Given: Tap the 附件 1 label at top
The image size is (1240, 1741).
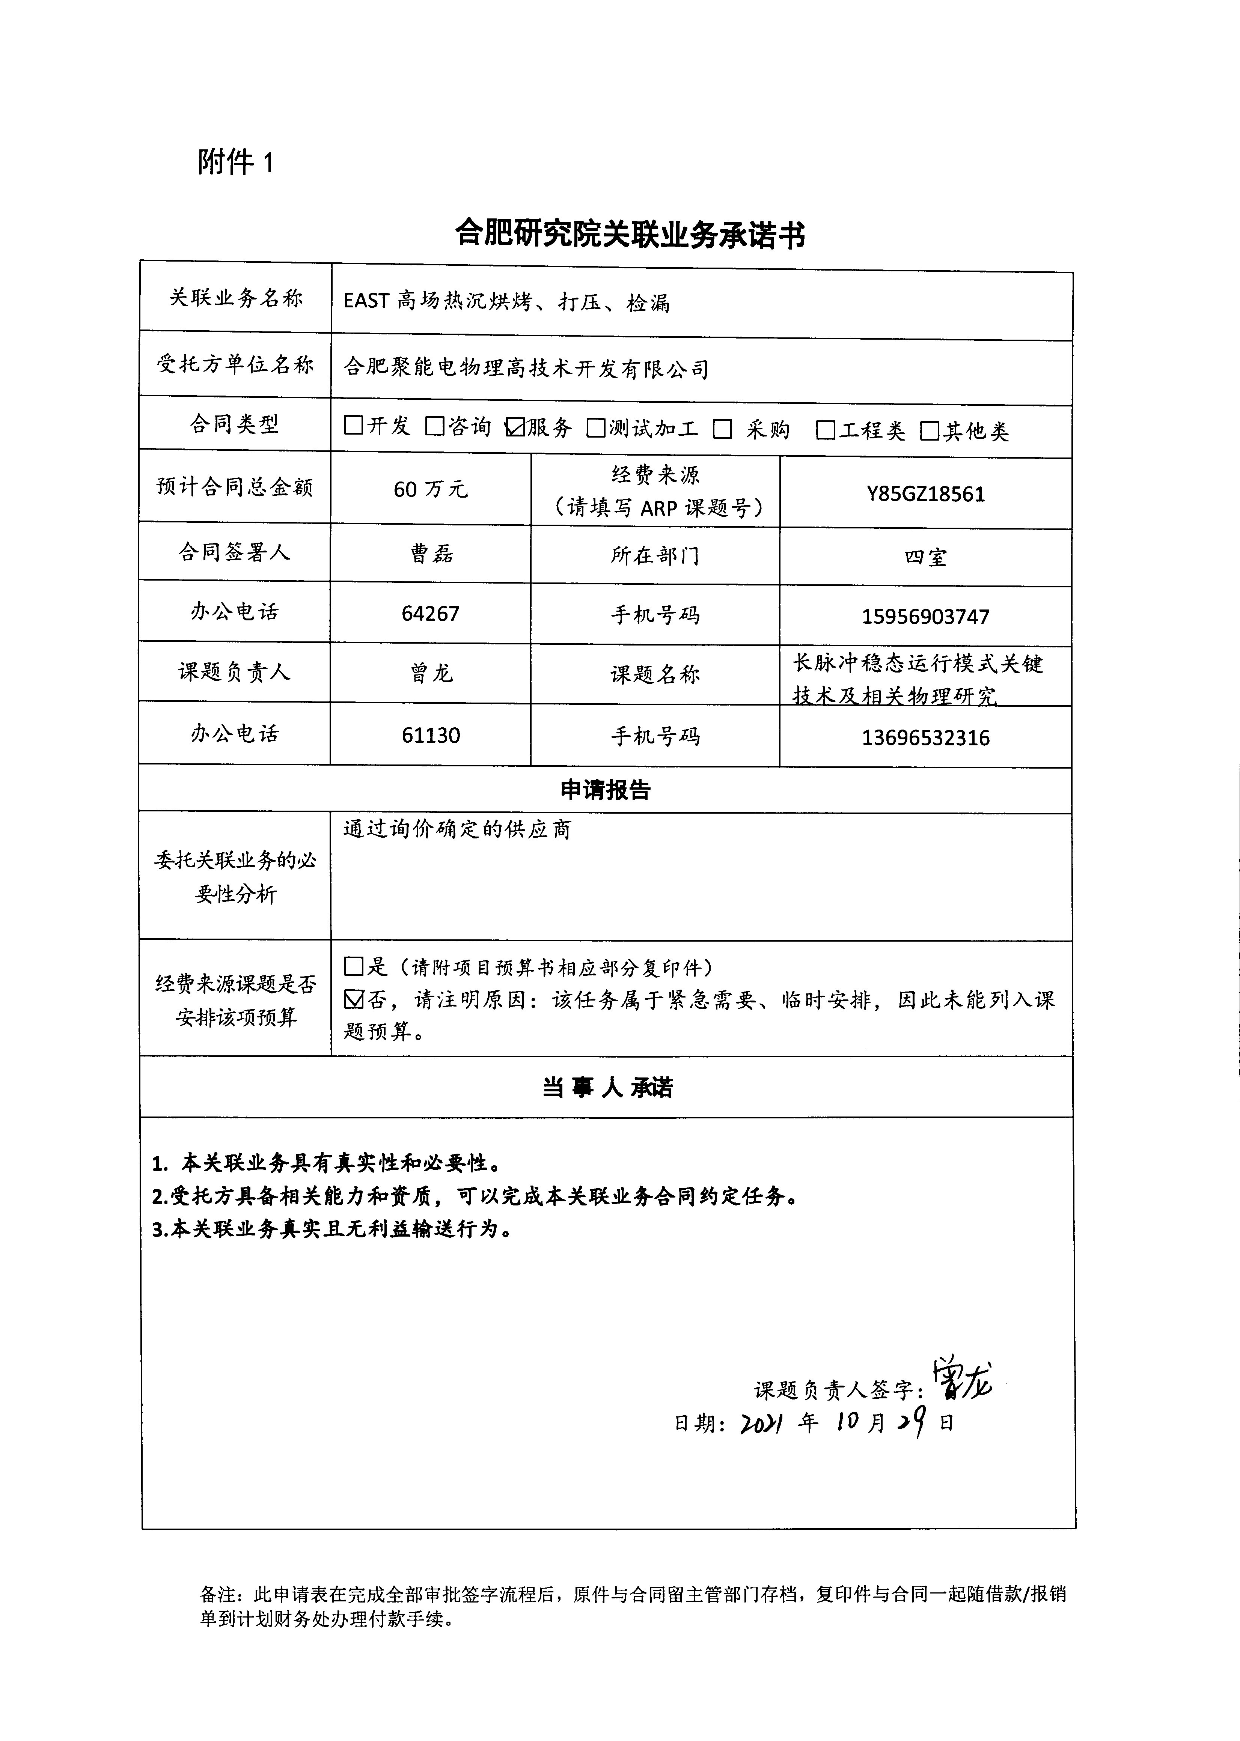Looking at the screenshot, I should (x=235, y=162).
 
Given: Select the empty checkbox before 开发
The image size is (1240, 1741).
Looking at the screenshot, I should (x=354, y=425).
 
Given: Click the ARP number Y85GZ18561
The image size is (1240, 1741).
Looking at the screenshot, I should (x=925, y=494).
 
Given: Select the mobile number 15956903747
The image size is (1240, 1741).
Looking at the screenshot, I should (x=925, y=616).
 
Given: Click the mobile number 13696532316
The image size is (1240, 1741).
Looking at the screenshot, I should (x=925, y=737).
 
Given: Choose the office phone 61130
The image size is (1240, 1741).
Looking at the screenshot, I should (x=431, y=735).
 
